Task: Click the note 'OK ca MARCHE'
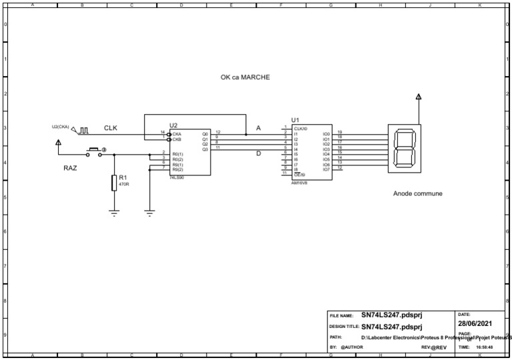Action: tap(245, 77)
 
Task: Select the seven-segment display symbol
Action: tap(405, 148)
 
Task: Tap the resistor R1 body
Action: tap(114, 182)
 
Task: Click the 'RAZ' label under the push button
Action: tap(70, 168)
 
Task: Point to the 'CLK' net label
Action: tap(110, 128)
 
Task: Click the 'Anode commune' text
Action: tap(417, 194)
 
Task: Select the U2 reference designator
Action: tap(173, 125)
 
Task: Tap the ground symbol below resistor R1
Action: tap(114, 213)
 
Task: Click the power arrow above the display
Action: tap(418, 97)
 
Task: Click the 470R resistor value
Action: tap(124, 184)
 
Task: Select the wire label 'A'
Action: tap(259, 128)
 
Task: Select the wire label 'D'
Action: tap(259, 154)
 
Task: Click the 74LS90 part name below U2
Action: tap(176, 178)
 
